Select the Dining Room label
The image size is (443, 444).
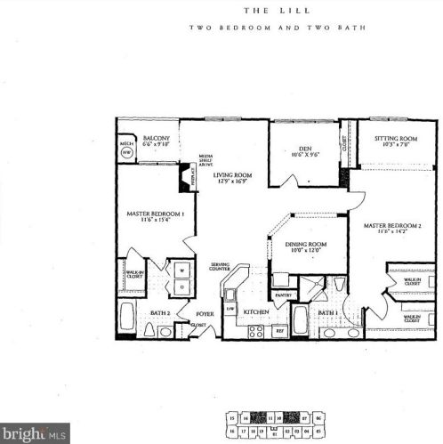[x=305, y=247]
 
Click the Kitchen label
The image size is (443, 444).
[x=256, y=312]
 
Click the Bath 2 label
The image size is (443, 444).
[x=160, y=312]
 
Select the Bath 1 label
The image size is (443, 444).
[x=326, y=312]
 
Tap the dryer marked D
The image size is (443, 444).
[x=181, y=287]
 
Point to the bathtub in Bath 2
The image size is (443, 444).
[x=127, y=319]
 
